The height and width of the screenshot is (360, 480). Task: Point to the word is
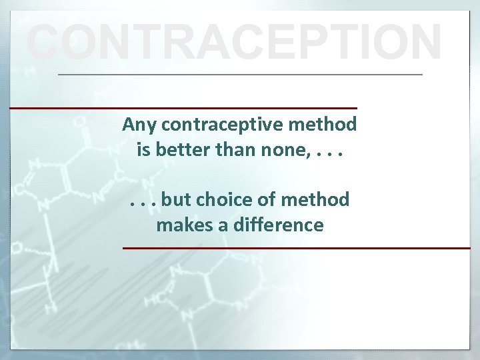[x=143, y=149]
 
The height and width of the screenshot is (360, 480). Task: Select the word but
[x=175, y=199]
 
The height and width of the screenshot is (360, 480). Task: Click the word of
[x=267, y=199]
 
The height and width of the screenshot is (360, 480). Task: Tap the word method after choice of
[x=316, y=199]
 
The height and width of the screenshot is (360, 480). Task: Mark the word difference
[x=279, y=225]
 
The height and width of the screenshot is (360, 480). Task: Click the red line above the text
[x=183, y=107]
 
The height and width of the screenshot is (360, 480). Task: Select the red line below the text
[x=296, y=248]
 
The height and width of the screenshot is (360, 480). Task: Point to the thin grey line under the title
[x=240, y=74]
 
